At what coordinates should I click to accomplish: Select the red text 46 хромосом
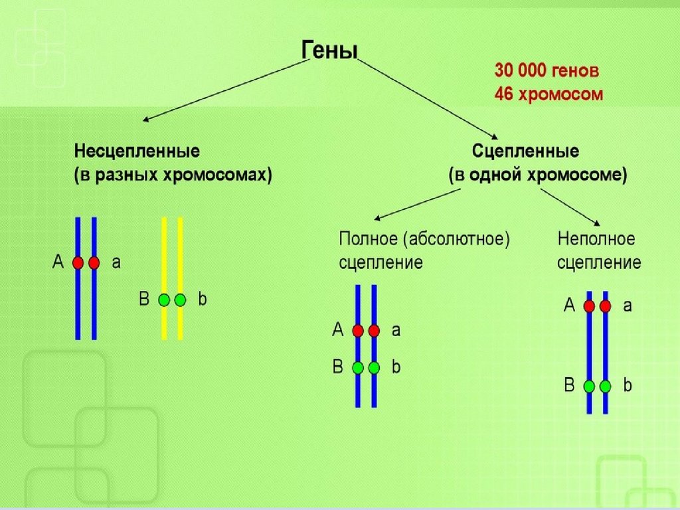coord(549,94)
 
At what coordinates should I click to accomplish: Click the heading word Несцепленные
coord(137,151)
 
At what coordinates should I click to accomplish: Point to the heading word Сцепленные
coord(525,151)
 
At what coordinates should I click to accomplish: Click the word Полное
coord(367,238)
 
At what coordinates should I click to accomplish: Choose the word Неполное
coord(596,238)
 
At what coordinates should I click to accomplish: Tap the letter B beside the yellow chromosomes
coord(143,299)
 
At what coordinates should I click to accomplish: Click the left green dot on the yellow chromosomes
coord(164,300)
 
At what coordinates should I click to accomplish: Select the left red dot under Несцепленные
coord(78,263)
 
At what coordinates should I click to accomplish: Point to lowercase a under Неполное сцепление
coord(628,306)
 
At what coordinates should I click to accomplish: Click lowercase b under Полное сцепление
coord(396,367)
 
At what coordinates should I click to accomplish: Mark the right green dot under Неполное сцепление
coord(605,386)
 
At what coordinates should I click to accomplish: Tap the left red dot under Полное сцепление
coord(358,330)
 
